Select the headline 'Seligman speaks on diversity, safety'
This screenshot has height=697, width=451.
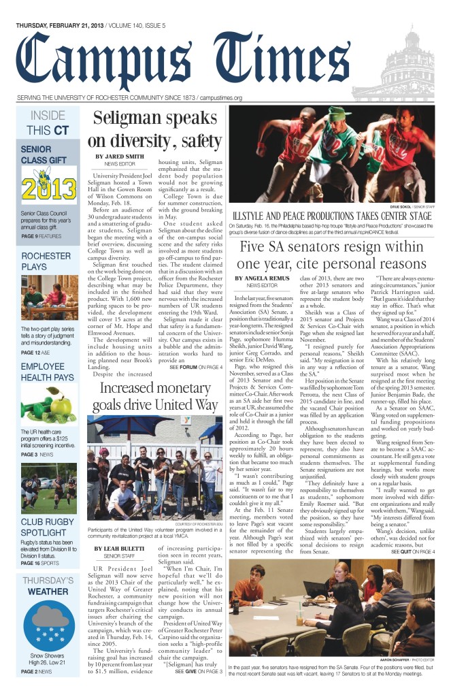coord(153,129)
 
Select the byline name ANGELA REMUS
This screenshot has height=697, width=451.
coord(262,297)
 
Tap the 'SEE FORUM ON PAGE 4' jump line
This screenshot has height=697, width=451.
coord(196,367)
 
